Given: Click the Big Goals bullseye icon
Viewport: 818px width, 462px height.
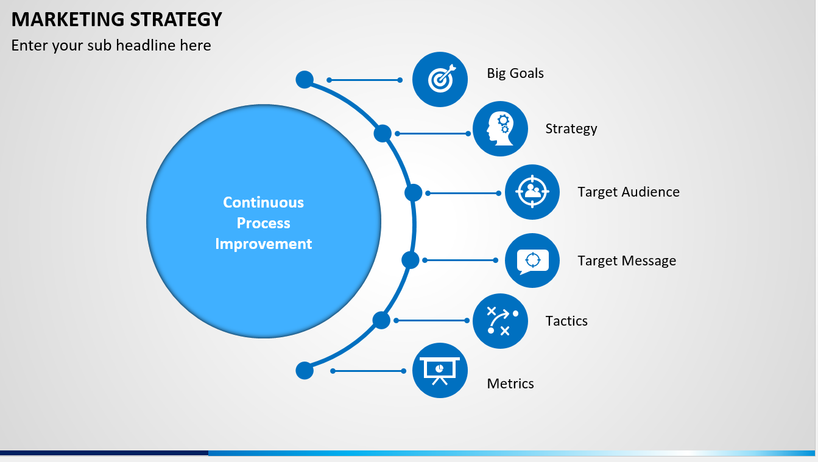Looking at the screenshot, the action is (x=441, y=79).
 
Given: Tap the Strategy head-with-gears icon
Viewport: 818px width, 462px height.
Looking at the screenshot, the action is (x=501, y=129).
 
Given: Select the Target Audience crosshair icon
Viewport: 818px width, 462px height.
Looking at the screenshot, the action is (x=532, y=192).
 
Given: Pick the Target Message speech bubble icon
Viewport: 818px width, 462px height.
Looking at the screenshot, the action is (x=532, y=261).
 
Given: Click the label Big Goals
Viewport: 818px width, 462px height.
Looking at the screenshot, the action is (x=515, y=74).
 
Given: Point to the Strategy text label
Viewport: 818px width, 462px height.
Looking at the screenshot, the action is (x=571, y=129).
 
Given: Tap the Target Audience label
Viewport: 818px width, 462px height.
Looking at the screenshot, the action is (x=629, y=192).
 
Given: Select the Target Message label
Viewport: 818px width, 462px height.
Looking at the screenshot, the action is (x=627, y=261).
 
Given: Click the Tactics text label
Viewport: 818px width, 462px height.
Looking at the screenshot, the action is (x=566, y=321).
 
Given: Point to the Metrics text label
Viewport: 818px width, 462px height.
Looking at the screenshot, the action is (x=510, y=383).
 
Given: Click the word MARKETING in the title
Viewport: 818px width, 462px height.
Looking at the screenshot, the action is (x=68, y=19).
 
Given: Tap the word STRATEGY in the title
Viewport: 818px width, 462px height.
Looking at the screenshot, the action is (x=176, y=19).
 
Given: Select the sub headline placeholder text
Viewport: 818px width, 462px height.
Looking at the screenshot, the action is (x=111, y=46).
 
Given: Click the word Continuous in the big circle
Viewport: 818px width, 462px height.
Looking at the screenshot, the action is (x=263, y=203).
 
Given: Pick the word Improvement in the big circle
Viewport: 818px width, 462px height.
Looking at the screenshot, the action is (x=263, y=243).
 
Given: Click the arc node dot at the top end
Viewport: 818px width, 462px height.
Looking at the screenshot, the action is (x=305, y=80).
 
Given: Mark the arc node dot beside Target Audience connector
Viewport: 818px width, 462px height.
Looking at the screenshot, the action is (x=414, y=193).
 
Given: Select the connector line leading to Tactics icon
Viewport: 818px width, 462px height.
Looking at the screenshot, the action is (x=432, y=320).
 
